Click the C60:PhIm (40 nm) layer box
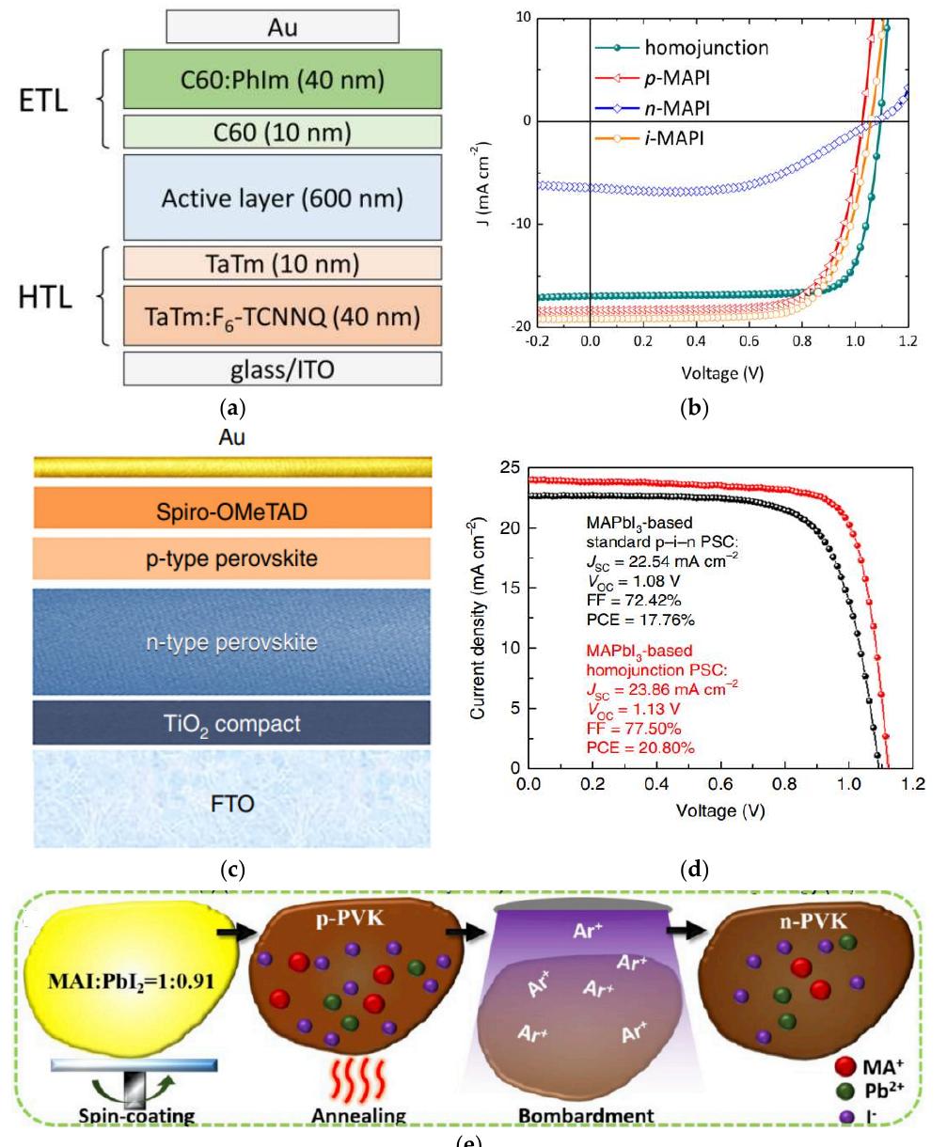(x=282, y=80)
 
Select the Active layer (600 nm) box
(x=282, y=198)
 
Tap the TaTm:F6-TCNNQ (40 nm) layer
(x=282, y=318)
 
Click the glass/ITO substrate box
(x=282, y=369)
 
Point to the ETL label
(x=44, y=101)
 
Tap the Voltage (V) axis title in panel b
(x=723, y=373)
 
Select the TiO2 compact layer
(x=232, y=723)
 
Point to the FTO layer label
(x=232, y=804)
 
